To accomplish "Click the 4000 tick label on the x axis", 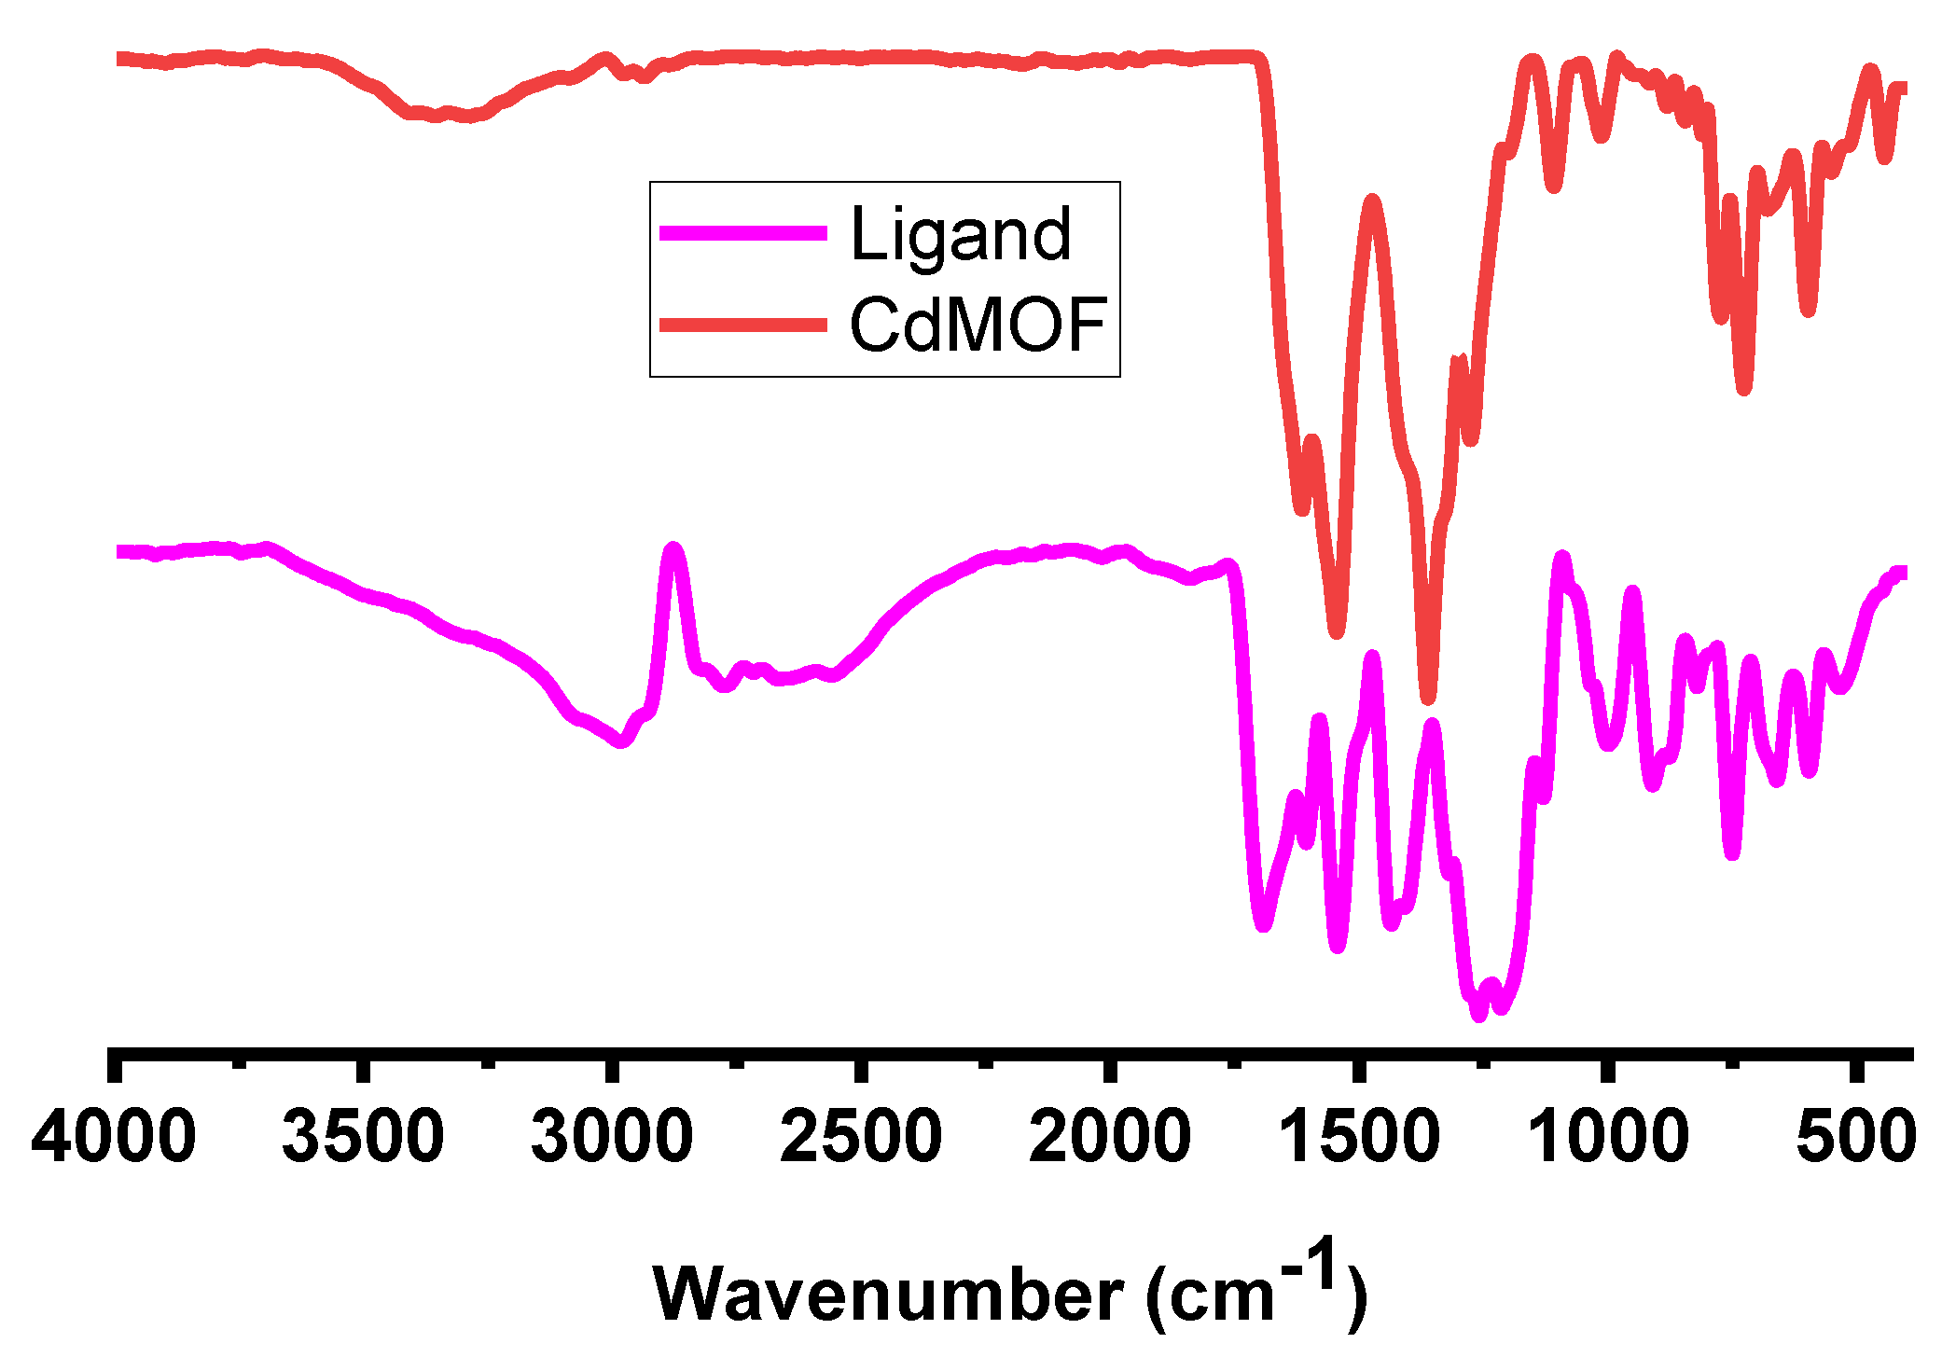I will [x=114, y=1137].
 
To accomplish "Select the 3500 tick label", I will [x=363, y=1137].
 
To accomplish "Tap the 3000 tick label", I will [x=612, y=1137].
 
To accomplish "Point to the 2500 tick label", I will [x=861, y=1137].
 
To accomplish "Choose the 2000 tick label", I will [x=1110, y=1137].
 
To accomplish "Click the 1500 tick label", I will [x=1359, y=1137].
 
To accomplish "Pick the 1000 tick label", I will [x=1608, y=1137].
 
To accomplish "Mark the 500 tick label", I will [x=1856, y=1137].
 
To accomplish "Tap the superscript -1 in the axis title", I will [x=1311, y=1265].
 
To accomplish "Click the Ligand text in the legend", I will [x=961, y=234].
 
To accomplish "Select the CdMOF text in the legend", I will [x=978, y=325].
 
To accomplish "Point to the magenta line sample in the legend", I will [x=743, y=233].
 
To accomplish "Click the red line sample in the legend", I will [x=743, y=325].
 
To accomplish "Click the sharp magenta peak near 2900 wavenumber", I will [x=673, y=549].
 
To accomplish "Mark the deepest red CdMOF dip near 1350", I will [x=1428, y=696].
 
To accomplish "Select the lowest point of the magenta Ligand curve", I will [x=1478, y=1015].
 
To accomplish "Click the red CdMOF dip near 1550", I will [x=1337, y=630].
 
